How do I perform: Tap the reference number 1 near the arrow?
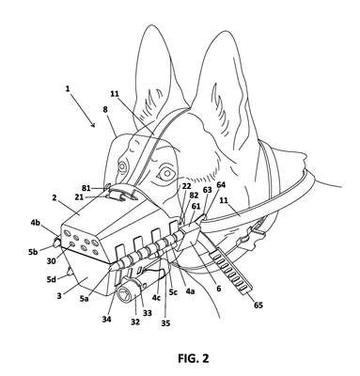(x=68, y=88)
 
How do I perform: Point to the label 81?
(x=86, y=188)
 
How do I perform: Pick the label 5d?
(x=52, y=278)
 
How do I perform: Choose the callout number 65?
(x=258, y=305)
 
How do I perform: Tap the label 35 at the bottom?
(x=165, y=322)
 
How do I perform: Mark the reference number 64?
(x=221, y=185)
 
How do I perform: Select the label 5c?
(x=173, y=291)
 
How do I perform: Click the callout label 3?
(x=59, y=295)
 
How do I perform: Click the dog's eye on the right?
(x=166, y=173)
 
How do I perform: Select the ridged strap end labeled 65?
(x=231, y=270)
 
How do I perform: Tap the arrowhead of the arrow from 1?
(x=93, y=126)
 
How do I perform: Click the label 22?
(x=186, y=186)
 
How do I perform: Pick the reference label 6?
(x=219, y=289)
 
